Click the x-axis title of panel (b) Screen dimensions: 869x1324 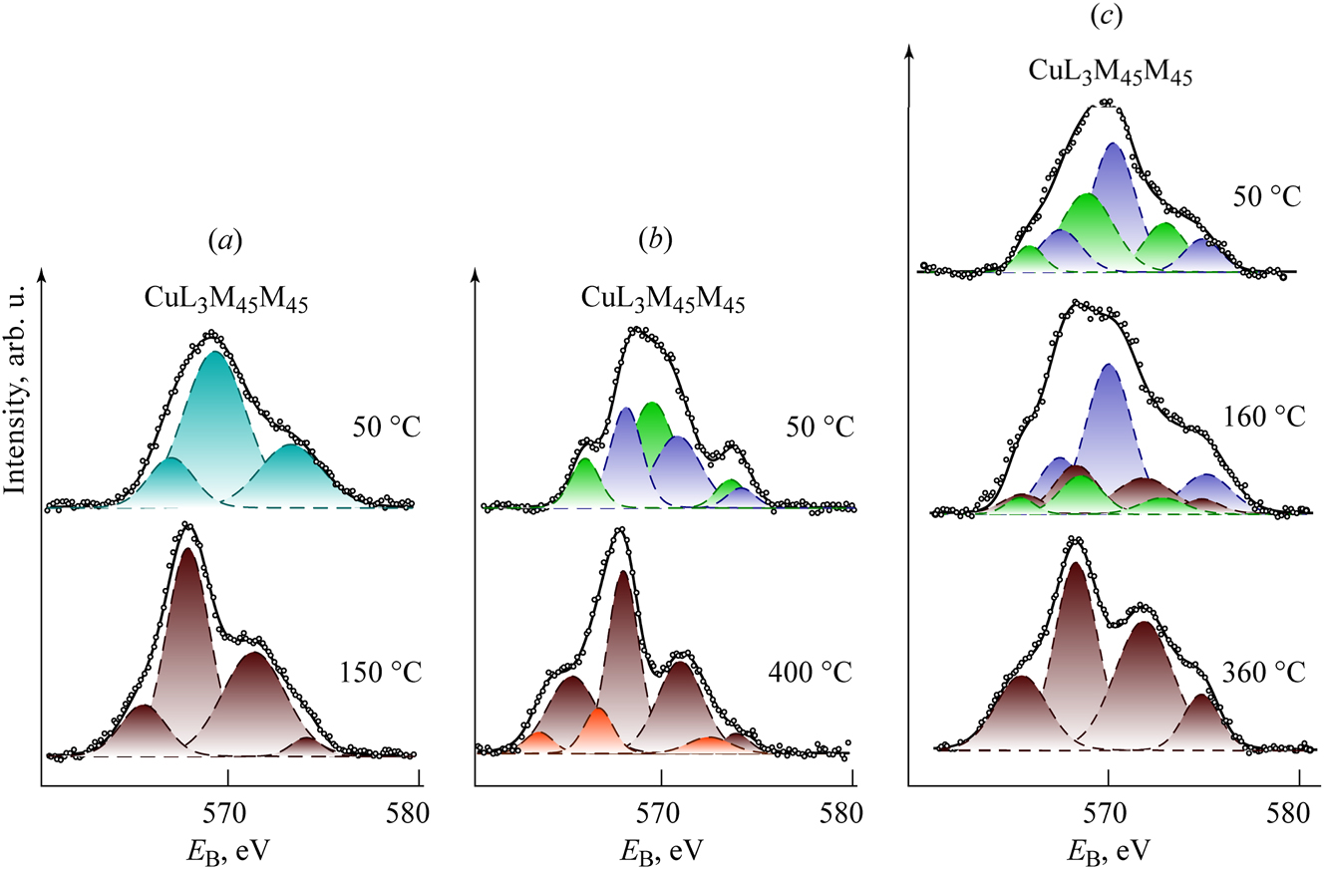662,847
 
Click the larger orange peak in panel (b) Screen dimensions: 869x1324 598,728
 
